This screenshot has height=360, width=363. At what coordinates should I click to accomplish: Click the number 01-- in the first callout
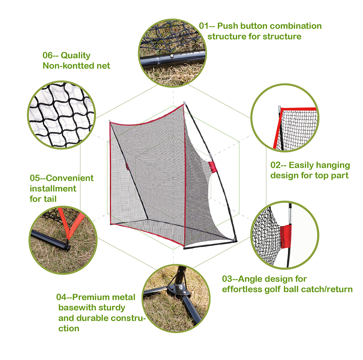210,26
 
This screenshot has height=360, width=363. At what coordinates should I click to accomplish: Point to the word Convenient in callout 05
68,178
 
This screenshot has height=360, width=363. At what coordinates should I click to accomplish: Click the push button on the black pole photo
172,55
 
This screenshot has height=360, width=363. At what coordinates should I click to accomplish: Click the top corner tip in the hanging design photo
280,109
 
